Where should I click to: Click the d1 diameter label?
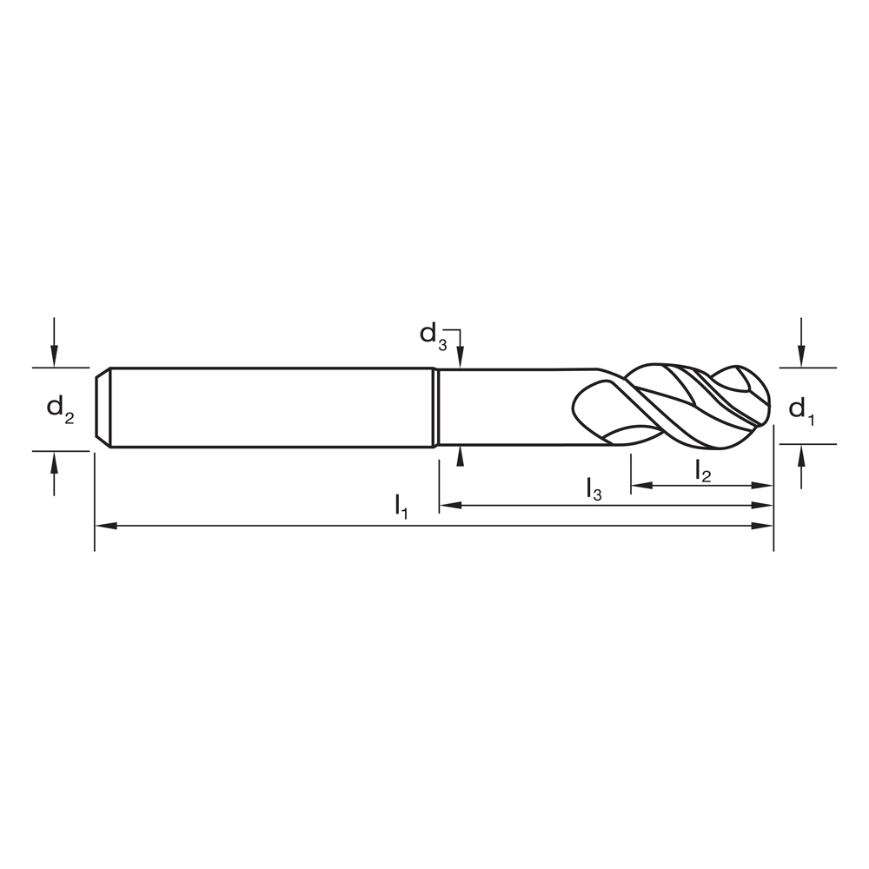(x=801, y=409)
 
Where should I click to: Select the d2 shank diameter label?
(x=60, y=408)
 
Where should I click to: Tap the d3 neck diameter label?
(x=433, y=335)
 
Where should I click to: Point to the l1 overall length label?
(x=401, y=506)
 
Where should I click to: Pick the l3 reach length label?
(x=594, y=489)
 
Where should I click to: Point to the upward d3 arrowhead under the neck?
(x=461, y=458)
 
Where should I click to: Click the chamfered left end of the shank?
(x=102, y=408)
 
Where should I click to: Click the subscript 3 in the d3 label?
(x=441, y=344)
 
